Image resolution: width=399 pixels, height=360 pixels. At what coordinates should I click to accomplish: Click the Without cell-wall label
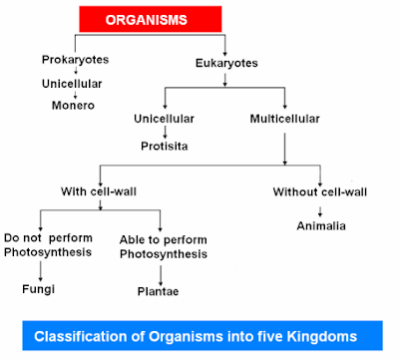(321, 191)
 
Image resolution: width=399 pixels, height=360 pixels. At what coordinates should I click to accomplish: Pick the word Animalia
(320, 225)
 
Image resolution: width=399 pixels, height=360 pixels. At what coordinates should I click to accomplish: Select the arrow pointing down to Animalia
(320, 208)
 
